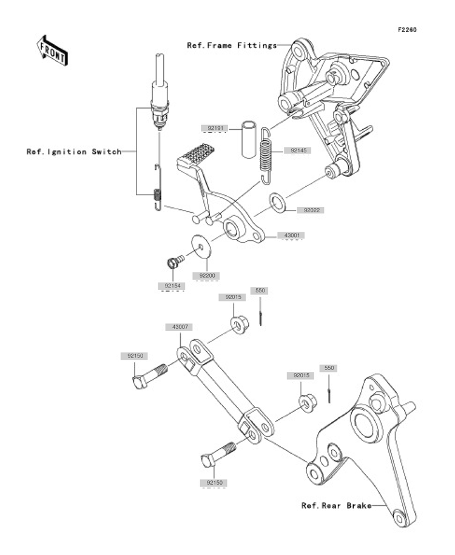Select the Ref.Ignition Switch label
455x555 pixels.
coord(73,152)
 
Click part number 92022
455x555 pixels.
coord(309,210)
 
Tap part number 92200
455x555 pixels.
coord(206,275)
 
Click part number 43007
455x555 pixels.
coord(178,327)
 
